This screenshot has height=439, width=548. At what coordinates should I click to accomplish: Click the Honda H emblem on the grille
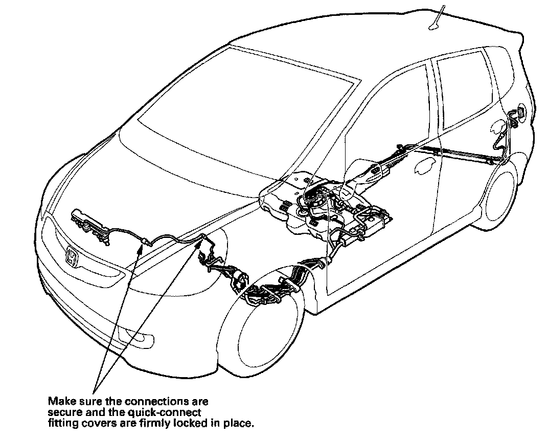pos(72,255)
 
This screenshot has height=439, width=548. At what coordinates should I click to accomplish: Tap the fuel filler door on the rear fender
pos(520,113)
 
